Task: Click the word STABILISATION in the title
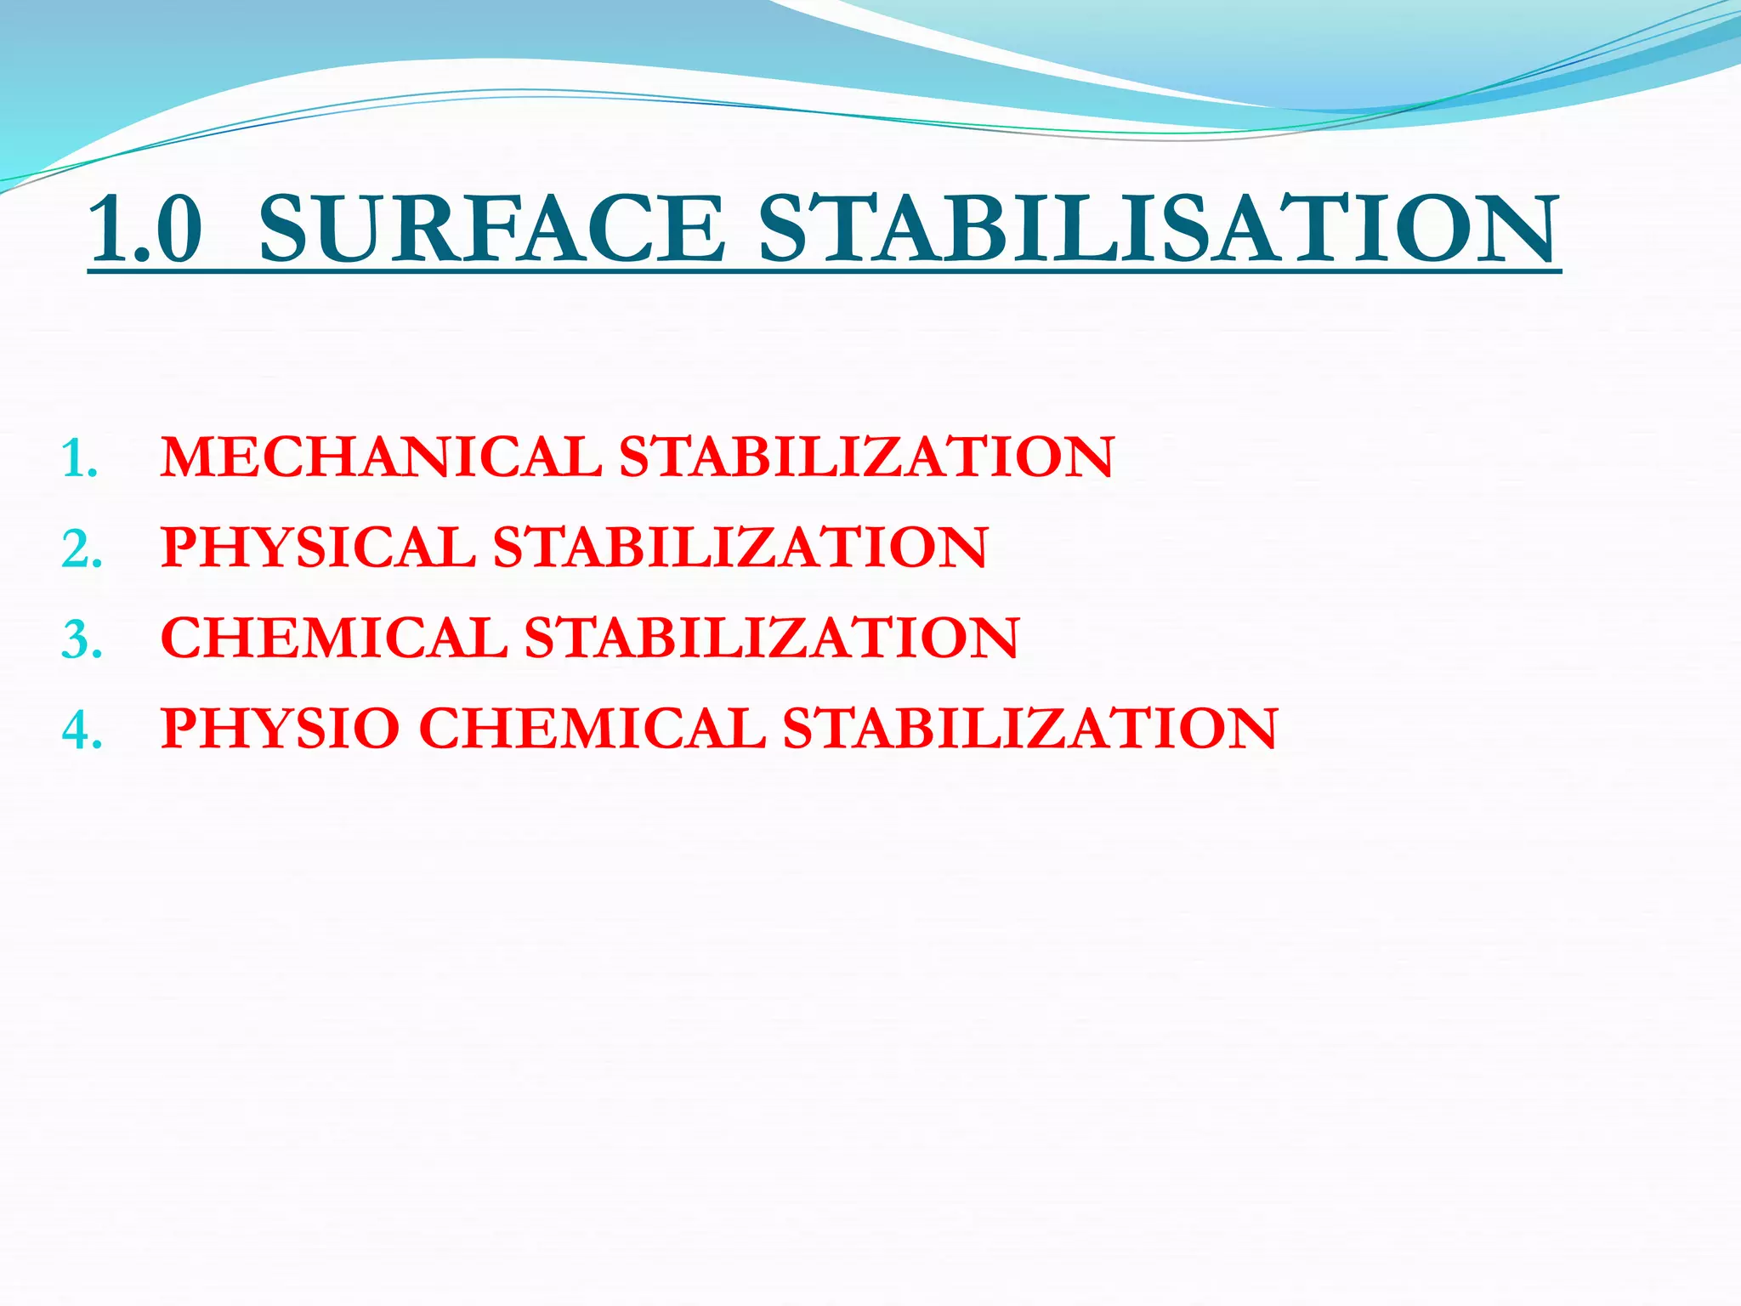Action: (x=1159, y=228)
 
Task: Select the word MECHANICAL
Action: (x=381, y=457)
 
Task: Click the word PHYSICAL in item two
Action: (x=318, y=547)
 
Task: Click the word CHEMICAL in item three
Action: (x=333, y=638)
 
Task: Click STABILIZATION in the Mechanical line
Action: (x=865, y=457)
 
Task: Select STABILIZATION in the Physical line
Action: (x=740, y=547)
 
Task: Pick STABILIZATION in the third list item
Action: (x=772, y=638)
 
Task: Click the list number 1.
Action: (x=80, y=460)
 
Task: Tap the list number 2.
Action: (x=82, y=550)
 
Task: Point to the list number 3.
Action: (x=82, y=641)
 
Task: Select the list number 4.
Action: (x=82, y=731)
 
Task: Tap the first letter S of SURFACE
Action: (x=286, y=228)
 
